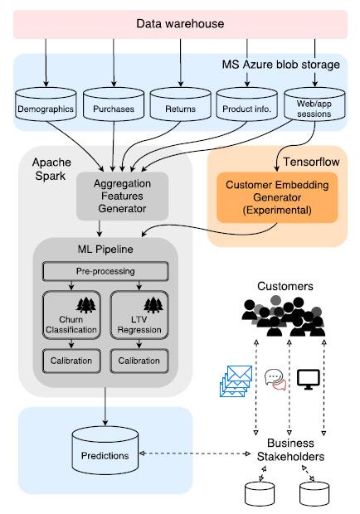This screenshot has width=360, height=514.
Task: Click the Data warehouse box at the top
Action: pyautogui.click(x=180, y=24)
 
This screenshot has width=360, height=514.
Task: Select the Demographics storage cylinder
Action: pyautogui.click(x=46, y=107)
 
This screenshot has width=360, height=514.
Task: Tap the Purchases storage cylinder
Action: pyautogui.click(x=113, y=107)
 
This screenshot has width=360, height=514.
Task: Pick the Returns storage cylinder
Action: pyautogui.click(x=179, y=107)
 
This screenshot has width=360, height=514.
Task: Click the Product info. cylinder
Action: pyautogui.click(x=246, y=107)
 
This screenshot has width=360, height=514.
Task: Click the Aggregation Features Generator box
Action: pyautogui.click(x=123, y=196)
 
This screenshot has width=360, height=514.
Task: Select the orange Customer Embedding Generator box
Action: pyautogui.click(x=277, y=197)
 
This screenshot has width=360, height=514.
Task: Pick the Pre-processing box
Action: pyautogui.click(x=105, y=271)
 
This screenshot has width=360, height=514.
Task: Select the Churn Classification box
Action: pyautogui.click(x=71, y=315)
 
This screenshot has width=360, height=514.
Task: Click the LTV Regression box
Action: pyautogui.click(x=139, y=315)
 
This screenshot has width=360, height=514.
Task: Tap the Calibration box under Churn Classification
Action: pyautogui.click(x=71, y=361)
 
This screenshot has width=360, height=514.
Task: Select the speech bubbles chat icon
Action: pyautogui.click(x=275, y=379)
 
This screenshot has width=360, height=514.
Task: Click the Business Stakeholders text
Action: pyautogui.click(x=289, y=450)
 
